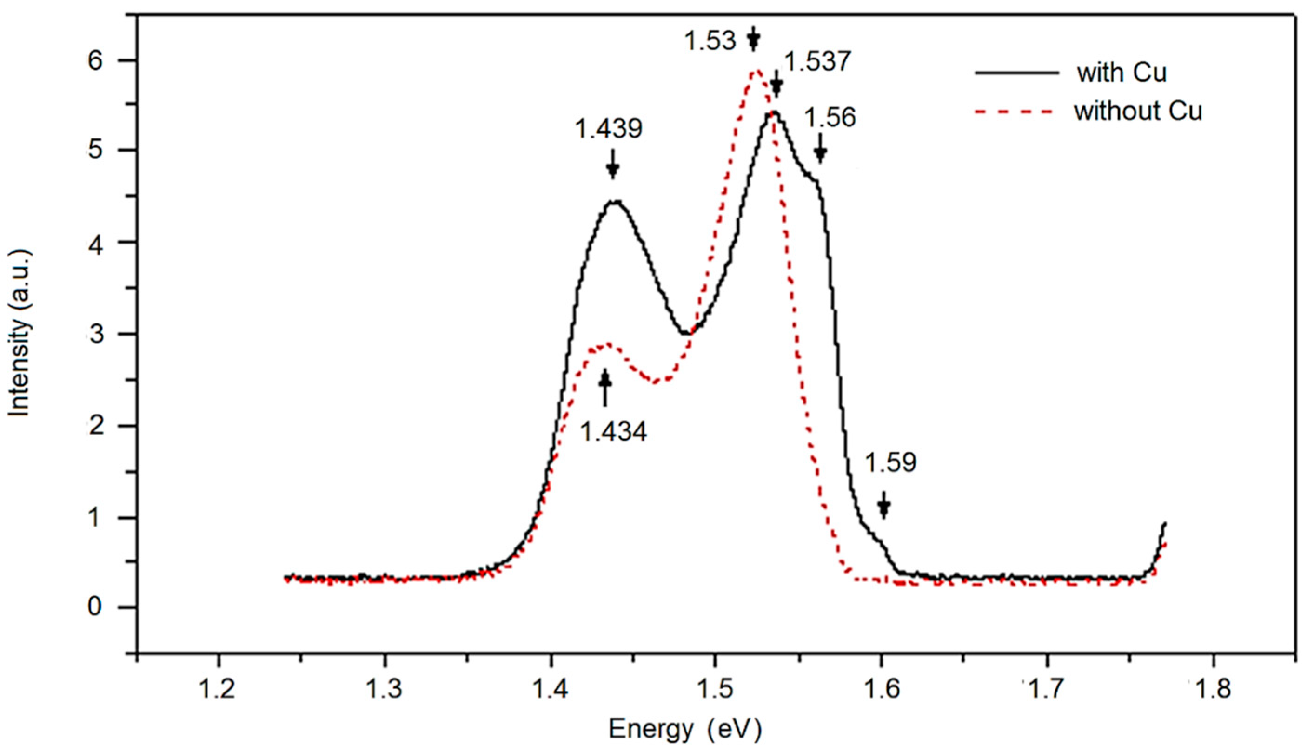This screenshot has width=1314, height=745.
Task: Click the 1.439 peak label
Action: point(608,129)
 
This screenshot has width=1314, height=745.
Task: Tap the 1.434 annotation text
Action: point(613,431)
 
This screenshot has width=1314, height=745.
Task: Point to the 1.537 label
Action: point(817,62)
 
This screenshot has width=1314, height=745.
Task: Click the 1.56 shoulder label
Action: point(830,118)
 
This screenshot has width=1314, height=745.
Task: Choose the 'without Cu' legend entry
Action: point(1138,112)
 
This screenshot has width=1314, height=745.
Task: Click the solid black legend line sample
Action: point(1016,73)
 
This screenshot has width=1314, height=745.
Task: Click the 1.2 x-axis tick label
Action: point(219,690)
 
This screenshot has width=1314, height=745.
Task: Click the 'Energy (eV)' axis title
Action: point(685,729)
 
